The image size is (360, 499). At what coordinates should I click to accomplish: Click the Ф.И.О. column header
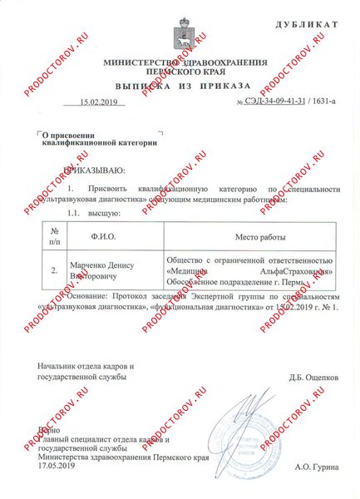105,237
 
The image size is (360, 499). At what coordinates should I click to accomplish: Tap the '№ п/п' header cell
55,237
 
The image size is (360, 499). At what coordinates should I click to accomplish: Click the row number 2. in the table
55,270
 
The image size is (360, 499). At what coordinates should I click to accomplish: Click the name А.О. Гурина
317,467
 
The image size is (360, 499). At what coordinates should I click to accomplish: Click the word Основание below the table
86,295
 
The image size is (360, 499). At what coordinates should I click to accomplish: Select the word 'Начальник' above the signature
59,367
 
